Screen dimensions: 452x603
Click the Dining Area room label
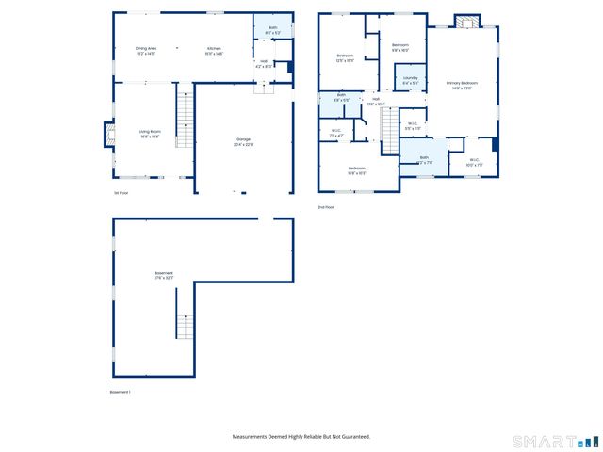pos(146,51)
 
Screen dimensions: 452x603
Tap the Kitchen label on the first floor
pos(215,51)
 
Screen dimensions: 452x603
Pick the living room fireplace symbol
pos(107,134)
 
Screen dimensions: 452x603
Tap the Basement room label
pos(164,277)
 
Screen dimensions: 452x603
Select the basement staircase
pos(185,329)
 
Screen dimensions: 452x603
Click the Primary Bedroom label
pos(462,85)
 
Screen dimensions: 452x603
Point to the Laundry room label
pos(411,80)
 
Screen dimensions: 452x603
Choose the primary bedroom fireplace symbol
pos(467,21)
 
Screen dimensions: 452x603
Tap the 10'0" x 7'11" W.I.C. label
pos(474,161)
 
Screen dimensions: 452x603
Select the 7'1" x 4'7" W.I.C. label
pos(336,133)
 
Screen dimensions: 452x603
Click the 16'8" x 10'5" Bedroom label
pos(356,170)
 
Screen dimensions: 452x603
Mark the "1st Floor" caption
pos(121,193)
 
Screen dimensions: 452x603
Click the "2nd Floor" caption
pos(326,207)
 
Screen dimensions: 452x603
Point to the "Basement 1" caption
pos(121,392)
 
